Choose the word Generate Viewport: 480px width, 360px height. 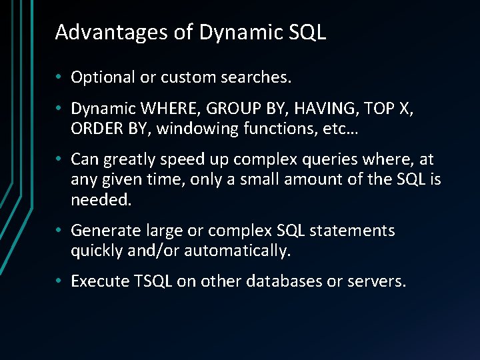(x=105, y=231)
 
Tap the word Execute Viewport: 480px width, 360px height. (x=99, y=281)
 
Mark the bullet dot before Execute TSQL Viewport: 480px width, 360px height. (x=60, y=282)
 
